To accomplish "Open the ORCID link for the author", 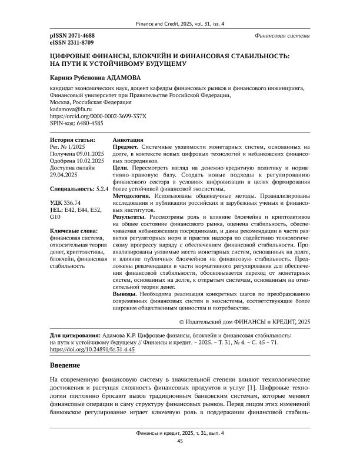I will click(90, 116).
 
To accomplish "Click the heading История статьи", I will click(72, 140).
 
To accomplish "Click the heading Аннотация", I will click(127, 140).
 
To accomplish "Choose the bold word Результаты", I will click(129, 217).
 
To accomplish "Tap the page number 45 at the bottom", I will click(180, 457).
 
